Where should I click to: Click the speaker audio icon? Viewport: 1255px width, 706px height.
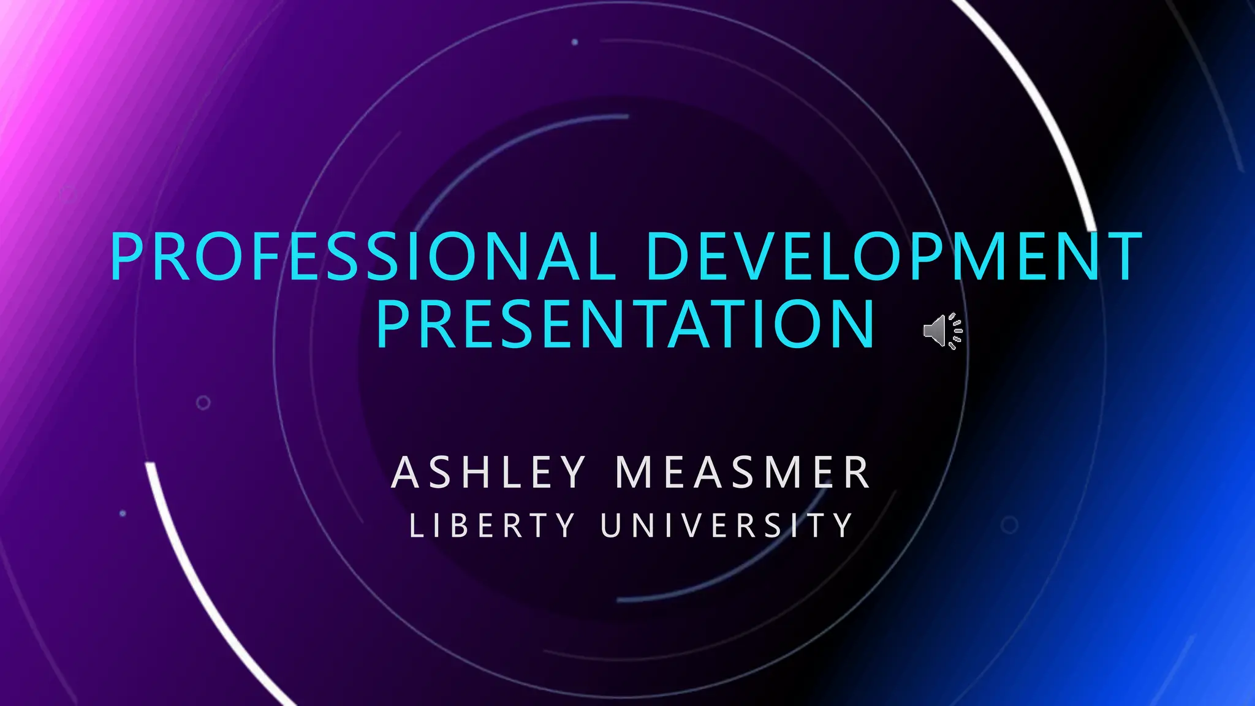(942, 331)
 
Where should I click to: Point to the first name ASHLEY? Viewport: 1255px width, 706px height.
(488, 473)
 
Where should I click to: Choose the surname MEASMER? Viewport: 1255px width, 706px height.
(743, 473)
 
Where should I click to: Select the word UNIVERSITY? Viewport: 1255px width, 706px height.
(727, 526)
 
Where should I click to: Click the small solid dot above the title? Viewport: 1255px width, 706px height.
(575, 42)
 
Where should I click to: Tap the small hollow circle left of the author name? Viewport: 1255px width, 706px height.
(203, 403)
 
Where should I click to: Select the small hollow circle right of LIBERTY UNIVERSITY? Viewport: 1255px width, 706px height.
(1009, 525)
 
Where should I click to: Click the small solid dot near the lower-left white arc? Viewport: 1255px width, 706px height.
(123, 513)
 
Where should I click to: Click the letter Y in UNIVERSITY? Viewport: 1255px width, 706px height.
(844, 526)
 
